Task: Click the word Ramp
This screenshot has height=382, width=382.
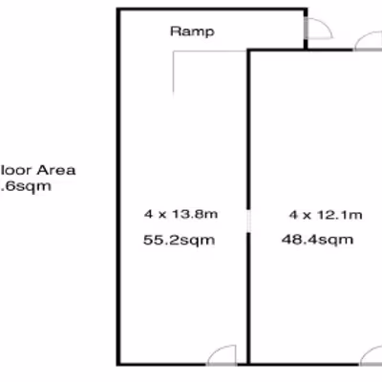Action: pos(192,31)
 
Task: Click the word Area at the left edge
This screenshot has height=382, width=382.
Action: pos(55,171)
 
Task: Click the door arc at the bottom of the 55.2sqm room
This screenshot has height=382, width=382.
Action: pos(222,353)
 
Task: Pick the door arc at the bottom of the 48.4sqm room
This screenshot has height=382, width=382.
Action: pos(371,353)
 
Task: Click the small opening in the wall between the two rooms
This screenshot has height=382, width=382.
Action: pos(248,222)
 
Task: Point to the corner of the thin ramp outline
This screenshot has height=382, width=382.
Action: pos(174,53)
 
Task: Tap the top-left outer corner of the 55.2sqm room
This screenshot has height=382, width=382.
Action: pos(118,10)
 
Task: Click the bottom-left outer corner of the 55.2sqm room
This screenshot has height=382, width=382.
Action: pos(118,363)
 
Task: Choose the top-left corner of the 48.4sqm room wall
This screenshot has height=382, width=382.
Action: pos(249,51)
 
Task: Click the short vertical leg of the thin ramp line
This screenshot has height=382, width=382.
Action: pos(174,73)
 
